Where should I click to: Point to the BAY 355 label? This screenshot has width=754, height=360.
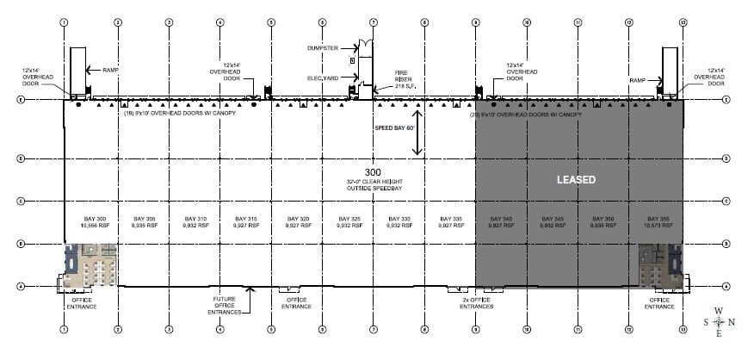coord(658,219)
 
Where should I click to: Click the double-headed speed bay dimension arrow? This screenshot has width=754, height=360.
coord(417,133)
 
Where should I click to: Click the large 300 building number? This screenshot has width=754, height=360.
coord(373,172)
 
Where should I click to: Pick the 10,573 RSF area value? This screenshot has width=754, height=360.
coord(658,225)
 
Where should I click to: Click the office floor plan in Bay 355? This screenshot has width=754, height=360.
coord(661,265)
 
